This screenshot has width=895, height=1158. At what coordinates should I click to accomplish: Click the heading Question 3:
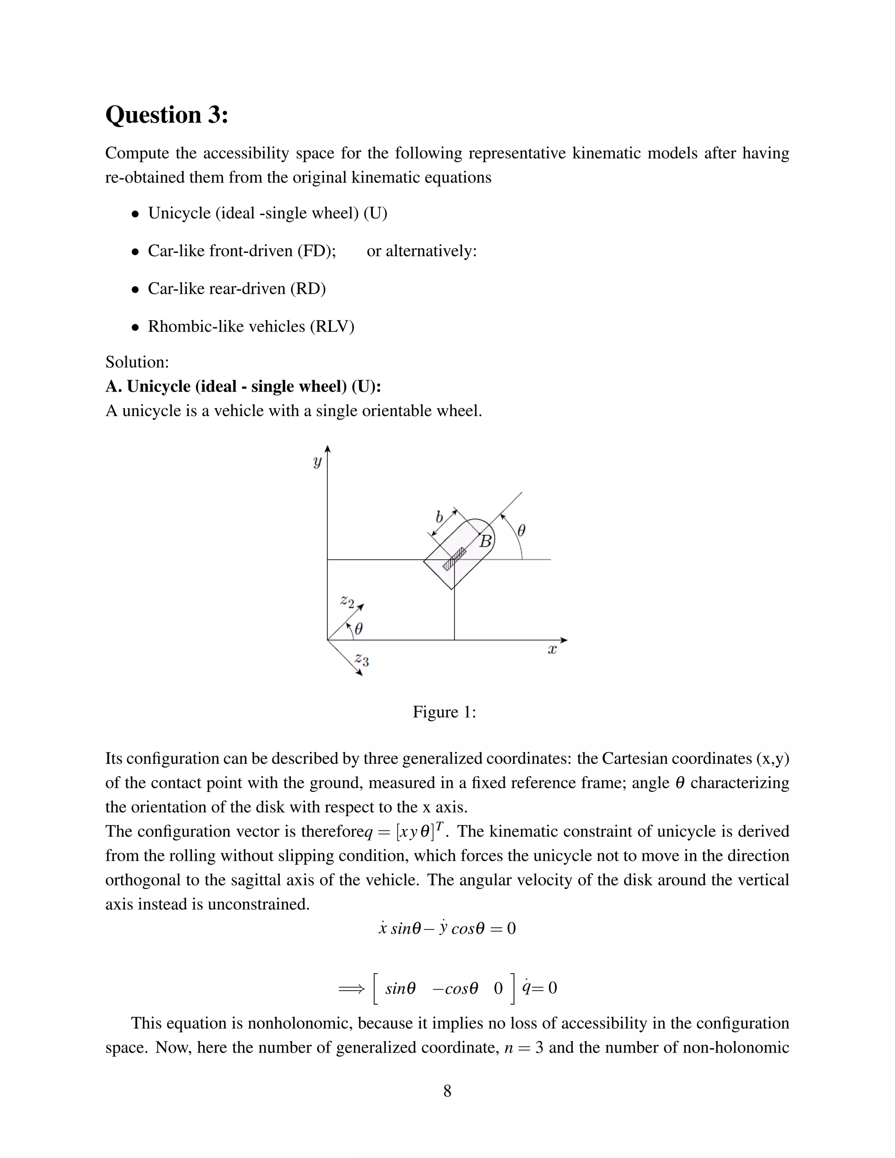(167, 115)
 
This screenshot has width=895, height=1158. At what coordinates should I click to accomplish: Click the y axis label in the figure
(317, 461)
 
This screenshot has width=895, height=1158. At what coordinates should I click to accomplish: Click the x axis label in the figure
(552, 649)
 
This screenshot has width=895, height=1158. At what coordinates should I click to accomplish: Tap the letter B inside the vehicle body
(485, 541)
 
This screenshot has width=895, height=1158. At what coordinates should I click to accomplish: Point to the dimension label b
(439, 517)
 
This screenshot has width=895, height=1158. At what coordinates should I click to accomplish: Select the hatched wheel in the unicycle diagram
(454, 559)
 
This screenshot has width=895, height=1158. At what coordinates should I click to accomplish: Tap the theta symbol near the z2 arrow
(358, 629)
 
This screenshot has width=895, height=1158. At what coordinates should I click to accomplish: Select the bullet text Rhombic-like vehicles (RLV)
(251, 326)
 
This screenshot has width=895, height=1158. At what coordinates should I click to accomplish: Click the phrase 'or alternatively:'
(422, 251)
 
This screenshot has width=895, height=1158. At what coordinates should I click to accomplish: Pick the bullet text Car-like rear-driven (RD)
(236, 288)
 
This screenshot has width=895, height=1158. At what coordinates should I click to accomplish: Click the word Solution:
(137, 362)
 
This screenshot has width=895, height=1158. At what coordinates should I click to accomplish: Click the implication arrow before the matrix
(351, 988)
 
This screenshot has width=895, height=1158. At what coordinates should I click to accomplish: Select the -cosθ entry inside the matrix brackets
(455, 988)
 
